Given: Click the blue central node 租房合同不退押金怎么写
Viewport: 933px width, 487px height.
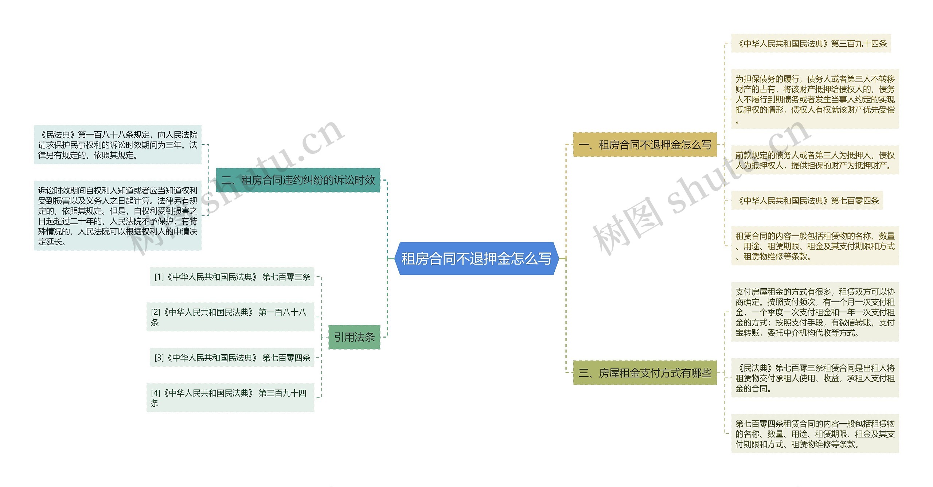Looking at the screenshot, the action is (x=476, y=258).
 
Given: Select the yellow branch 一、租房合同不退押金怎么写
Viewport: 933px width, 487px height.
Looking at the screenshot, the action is (x=645, y=145).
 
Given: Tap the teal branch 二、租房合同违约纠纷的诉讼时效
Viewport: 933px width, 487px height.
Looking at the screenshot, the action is (x=298, y=180).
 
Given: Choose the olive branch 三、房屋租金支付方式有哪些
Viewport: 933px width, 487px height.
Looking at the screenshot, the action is (x=645, y=373).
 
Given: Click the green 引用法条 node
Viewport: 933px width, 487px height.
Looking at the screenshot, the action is (x=354, y=337).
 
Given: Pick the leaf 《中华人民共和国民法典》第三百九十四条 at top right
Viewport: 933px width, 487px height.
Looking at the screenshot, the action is (x=811, y=44).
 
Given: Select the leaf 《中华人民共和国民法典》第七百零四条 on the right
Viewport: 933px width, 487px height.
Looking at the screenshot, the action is (x=807, y=200).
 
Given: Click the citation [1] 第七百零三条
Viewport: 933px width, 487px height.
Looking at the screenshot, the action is (x=232, y=277).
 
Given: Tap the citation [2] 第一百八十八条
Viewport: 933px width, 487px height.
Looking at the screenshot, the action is (x=230, y=317).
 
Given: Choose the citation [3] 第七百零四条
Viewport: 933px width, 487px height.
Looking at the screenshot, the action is (x=232, y=358).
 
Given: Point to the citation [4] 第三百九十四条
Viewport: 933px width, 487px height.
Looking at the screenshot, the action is (x=230, y=398).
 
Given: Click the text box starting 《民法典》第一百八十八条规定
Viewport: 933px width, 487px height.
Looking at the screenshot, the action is (x=117, y=145).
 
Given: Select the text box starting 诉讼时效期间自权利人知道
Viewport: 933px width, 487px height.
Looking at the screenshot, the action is (x=117, y=216).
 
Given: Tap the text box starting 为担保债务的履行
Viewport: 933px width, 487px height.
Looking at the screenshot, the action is (x=815, y=99).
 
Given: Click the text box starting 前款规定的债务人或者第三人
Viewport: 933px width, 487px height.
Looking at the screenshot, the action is (x=815, y=160).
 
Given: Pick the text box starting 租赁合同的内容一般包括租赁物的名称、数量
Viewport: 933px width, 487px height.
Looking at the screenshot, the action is (x=815, y=246).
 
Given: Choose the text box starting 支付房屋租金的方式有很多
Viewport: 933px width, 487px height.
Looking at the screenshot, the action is (x=815, y=312).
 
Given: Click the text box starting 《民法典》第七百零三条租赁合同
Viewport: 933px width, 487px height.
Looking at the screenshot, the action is (x=815, y=378).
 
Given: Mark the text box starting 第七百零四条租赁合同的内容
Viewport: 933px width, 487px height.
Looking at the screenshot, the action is (x=815, y=434).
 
